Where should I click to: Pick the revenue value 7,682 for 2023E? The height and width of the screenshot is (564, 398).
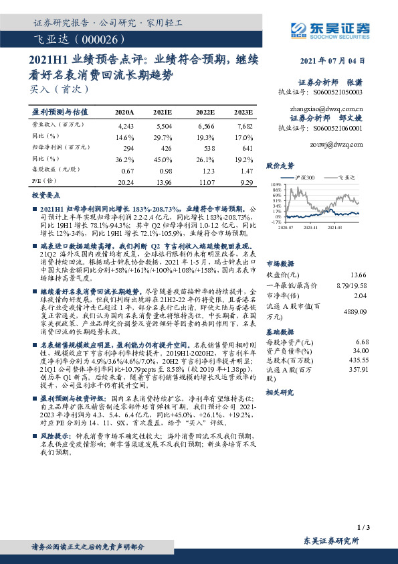tap(243, 126)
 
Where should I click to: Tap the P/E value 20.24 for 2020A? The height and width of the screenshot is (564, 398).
tap(125, 182)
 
